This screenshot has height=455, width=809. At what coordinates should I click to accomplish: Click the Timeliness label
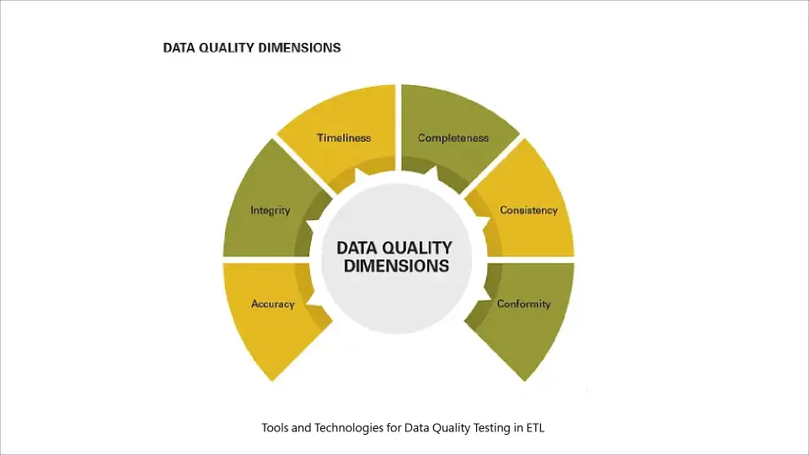(x=344, y=138)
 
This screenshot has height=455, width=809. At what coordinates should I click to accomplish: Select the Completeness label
(x=453, y=138)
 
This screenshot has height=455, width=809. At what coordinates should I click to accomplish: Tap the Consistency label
(x=528, y=211)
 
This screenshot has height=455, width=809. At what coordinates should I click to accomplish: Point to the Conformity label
(x=523, y=304)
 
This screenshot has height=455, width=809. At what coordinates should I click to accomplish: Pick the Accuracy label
(x=273, y=304)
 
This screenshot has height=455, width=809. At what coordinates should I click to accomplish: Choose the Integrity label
(x=271, y=211)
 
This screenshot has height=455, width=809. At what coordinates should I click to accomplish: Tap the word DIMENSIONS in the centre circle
(x=396, y=266)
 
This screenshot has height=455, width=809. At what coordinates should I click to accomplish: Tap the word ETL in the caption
(x=534, y=428)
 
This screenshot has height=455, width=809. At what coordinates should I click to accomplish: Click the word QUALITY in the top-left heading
(x=225, y=48)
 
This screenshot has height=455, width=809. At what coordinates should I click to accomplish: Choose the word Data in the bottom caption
(x=407, y=428)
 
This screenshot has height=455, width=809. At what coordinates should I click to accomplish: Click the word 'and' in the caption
(x=302, y=428)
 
